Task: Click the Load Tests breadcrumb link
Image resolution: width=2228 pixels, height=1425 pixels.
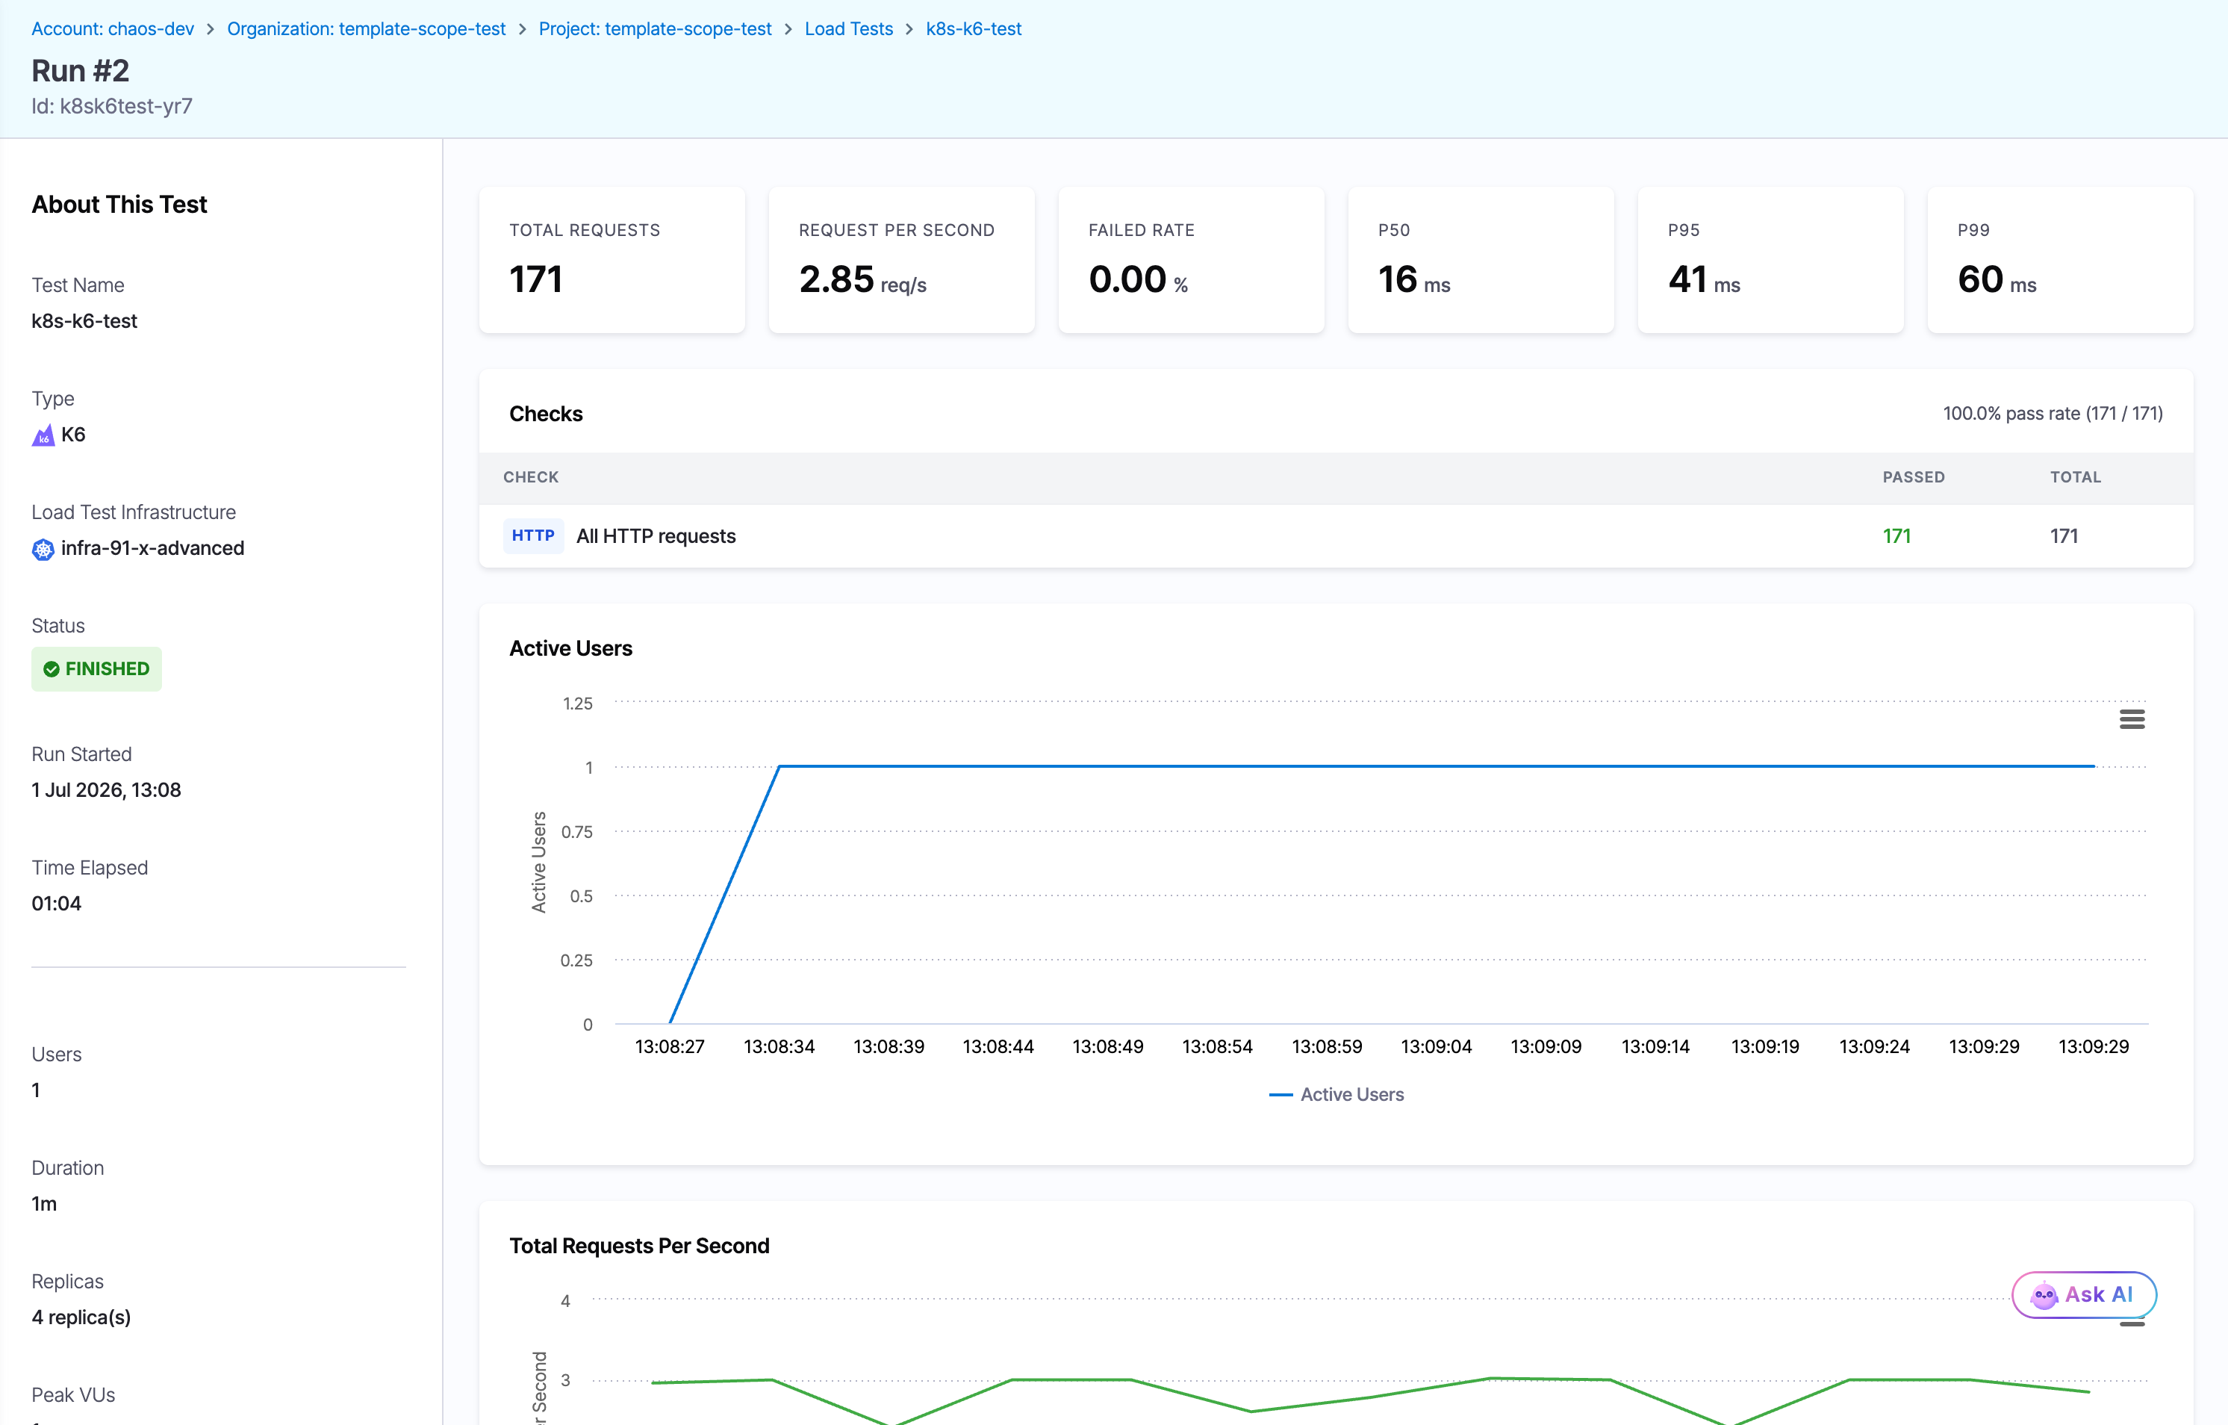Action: pyautogui.click(x=848, y=28)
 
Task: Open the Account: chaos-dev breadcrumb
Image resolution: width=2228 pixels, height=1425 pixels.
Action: pyautogui.click(x=113, y=28)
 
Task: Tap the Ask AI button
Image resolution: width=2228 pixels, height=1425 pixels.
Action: pyautogui.click(x=2084, y=1294)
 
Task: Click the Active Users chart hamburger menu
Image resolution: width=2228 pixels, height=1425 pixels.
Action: pyautogui.click(x=2132, y=719)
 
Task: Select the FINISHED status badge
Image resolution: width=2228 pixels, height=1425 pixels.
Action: pyautogui.click(x=96, y=668)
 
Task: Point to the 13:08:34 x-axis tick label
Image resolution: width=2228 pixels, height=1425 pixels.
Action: pyautogui.click(x=779, y=1046)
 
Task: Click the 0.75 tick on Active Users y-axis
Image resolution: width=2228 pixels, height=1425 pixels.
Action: pyautogui.click(x=576, y=832)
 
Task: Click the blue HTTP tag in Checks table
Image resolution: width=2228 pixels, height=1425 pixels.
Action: pyautogui.click(x=533, y=535)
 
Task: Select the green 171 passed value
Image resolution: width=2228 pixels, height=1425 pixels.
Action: pyautogui.click(x=1896, y=535)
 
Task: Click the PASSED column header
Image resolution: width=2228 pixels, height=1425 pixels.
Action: pyautogui.click(x=1914, y=477)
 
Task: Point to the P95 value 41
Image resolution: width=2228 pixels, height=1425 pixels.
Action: pyautogui.click(x=1687, y=279)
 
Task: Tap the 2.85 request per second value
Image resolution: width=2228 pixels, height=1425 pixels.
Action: pyautogui.click(x=836, y=279)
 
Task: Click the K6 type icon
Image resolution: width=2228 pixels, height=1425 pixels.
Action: pyautogui.click(x=43, y=435)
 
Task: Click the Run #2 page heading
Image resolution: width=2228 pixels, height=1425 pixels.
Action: pyautogui.click(x=81, y=70)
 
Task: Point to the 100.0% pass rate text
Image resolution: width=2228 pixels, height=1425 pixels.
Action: pyautogui.click(x=2053, y=414)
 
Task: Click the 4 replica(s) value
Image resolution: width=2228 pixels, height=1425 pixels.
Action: pyautogui.click(x=81, y=1317)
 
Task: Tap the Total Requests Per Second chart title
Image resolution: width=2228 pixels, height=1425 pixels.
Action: pyautogui.click(x=639, y=1246)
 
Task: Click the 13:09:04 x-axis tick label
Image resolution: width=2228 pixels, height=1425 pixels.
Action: pyautogui.click(x=1436, y=1046)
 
